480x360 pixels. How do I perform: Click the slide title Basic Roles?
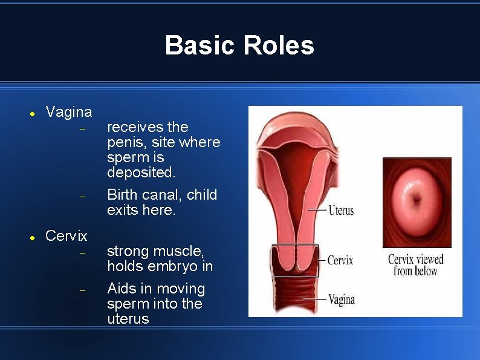(x=239, y=45)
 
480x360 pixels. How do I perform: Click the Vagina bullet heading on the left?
(x=69, y=112)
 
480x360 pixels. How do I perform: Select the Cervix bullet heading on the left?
(x=66, y=235)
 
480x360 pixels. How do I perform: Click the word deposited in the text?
(x=141, y=172)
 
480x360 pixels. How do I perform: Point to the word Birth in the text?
(x=122, y=195)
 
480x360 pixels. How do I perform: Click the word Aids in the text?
(x=122, y=289)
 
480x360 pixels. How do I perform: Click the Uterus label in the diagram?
(x=341, y=211)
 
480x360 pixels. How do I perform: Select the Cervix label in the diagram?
(x=340, y=260)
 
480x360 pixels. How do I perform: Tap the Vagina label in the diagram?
(x=341, y=299)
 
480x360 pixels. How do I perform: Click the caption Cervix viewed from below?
(x=415, y=265)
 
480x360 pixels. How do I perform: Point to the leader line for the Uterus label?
(x=317, y=209)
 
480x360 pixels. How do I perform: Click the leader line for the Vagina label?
(x=314, y=299)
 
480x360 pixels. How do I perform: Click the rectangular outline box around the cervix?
(x=294, y=244)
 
